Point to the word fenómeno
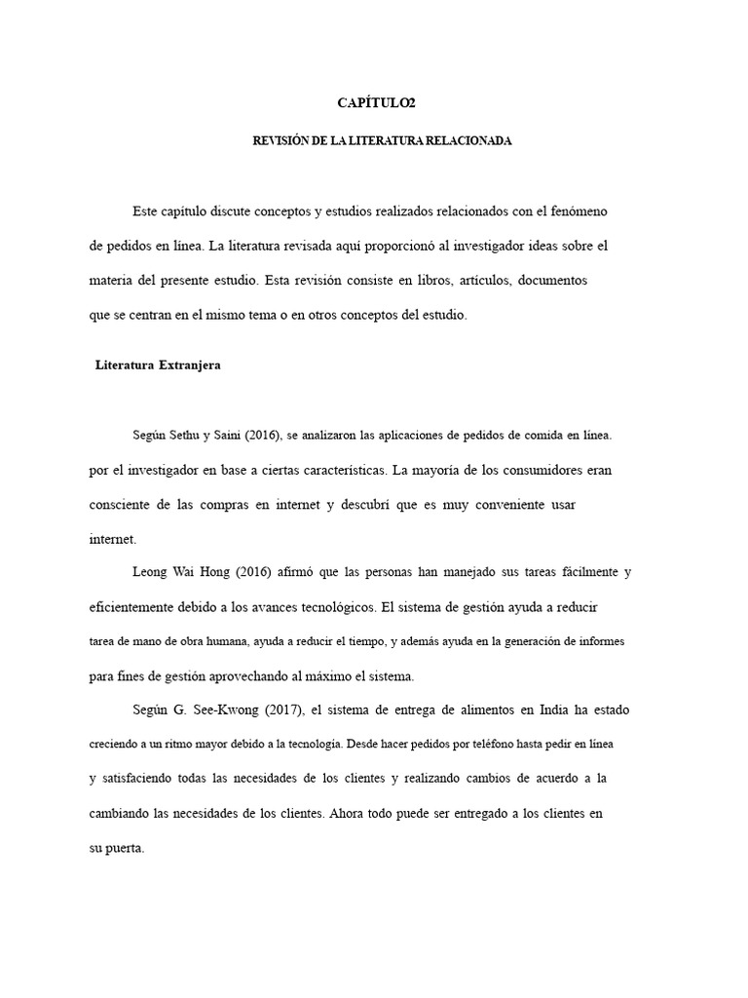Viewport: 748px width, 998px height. [582, 211]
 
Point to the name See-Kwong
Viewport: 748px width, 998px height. [219, 710]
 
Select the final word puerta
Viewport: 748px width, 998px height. [124, 848]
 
